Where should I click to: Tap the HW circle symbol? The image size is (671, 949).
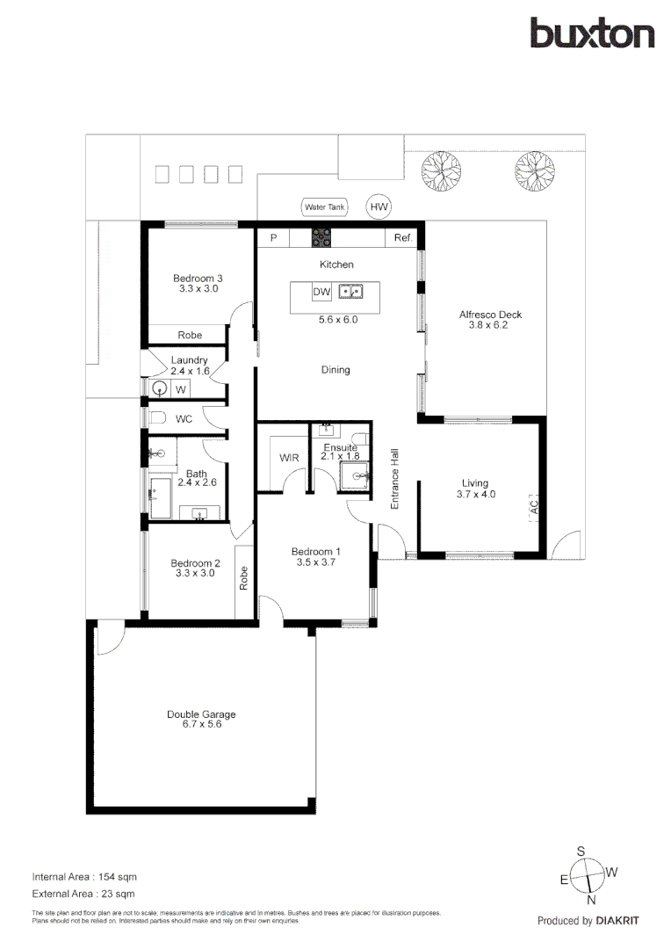click(x=379, y=207)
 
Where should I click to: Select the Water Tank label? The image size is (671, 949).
click(x=324, y=207)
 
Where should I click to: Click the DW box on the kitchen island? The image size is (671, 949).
click(x=321, y=292)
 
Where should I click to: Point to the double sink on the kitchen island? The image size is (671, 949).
click(x=352, y=292)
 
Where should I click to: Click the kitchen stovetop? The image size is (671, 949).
click(x=321, y=237)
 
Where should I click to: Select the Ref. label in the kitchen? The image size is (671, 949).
click(x=403, y=238)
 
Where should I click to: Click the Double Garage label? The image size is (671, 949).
click(x=201, y=720)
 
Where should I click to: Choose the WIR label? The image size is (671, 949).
click(x=289, y=458)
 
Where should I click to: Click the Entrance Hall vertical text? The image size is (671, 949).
click(x=395, y=480)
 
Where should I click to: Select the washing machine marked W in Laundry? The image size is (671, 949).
click(x=180, y=388)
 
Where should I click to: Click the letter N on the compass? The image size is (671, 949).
click(x=591, y=900)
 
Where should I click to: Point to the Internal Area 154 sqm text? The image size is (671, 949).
click(x=84, y=877)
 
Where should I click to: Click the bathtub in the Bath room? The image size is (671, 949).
click(x=163, y=498)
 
